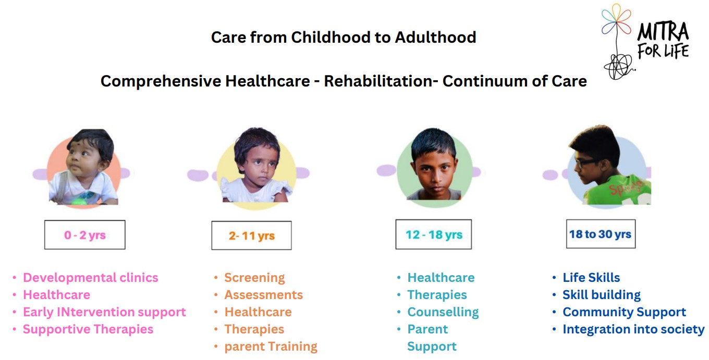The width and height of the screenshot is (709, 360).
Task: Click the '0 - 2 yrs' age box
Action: coord(85,235)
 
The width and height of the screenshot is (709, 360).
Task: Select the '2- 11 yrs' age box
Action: coord(252,235)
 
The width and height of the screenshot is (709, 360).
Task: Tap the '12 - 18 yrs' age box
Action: coord(434,234)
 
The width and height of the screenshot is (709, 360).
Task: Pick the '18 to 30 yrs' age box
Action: coord(601,234)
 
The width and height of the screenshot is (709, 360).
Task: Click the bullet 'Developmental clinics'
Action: coord(91,278)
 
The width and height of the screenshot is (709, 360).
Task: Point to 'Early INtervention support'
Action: coord(104,312)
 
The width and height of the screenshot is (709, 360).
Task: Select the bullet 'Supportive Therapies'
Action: coord(88,329)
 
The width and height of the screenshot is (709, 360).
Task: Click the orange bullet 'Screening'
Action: coord(254,278)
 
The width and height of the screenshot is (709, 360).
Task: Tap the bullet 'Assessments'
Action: coord(264,295)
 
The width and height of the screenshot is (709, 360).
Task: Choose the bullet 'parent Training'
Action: coord(271,346)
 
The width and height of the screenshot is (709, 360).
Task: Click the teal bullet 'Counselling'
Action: coord(443,312)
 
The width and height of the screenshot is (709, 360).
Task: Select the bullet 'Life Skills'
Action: coord(591,278)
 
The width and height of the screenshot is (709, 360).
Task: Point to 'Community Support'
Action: coord(624,312)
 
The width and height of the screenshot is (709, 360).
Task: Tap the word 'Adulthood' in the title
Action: coord(435,38)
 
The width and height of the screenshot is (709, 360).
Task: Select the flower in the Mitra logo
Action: coord(616,20)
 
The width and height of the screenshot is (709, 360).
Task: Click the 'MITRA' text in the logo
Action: coord(663,31)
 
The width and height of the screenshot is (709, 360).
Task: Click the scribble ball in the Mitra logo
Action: coord(618,67)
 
